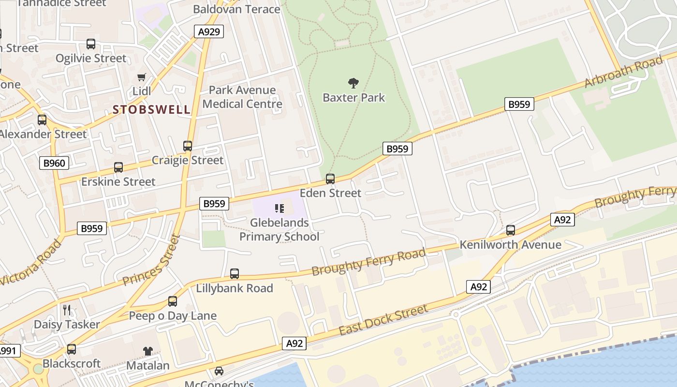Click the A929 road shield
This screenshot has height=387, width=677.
pyautogui.click(x=209, y=32)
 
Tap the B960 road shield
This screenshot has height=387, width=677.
pyautogui.click(x=54, y=163)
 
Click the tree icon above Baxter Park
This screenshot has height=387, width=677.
pyautogui.click(x=353, y=83)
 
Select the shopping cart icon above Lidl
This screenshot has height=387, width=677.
pyautogui.click(x=142, y=77)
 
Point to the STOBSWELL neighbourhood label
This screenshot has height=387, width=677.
pyautogui.click(x=152, y=110)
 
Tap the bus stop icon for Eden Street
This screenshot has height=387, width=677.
pyautogui.click(x=330, y=179)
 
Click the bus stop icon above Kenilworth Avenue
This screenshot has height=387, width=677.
pyautogui.click(x=511, y=230)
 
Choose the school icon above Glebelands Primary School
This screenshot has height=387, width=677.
pyautogui.click(x=279, y=208)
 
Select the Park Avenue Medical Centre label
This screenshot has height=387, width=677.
pyautogui.click(x=242, y=97)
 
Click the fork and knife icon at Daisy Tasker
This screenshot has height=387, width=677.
pyautogui.click(x=67, y=310)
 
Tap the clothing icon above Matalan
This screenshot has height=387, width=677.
pyautogui.click(x=147, y=351)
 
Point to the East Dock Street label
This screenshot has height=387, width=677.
pyautogui.click(x=383, y=320)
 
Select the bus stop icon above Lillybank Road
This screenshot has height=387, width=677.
pyautogui.click(x=235, y=274)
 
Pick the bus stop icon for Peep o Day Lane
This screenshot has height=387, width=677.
pyautogui.click(x=173, y=301)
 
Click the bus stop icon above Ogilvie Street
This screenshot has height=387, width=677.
pyautogui.click(x=91, y=44)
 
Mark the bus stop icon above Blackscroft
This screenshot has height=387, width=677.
pyautogui.click(x=72, y=349)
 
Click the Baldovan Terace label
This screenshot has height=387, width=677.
pyautogui.click(x=236, y=9)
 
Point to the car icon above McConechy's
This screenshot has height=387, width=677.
pyautogui.click(x=219, y=371)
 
